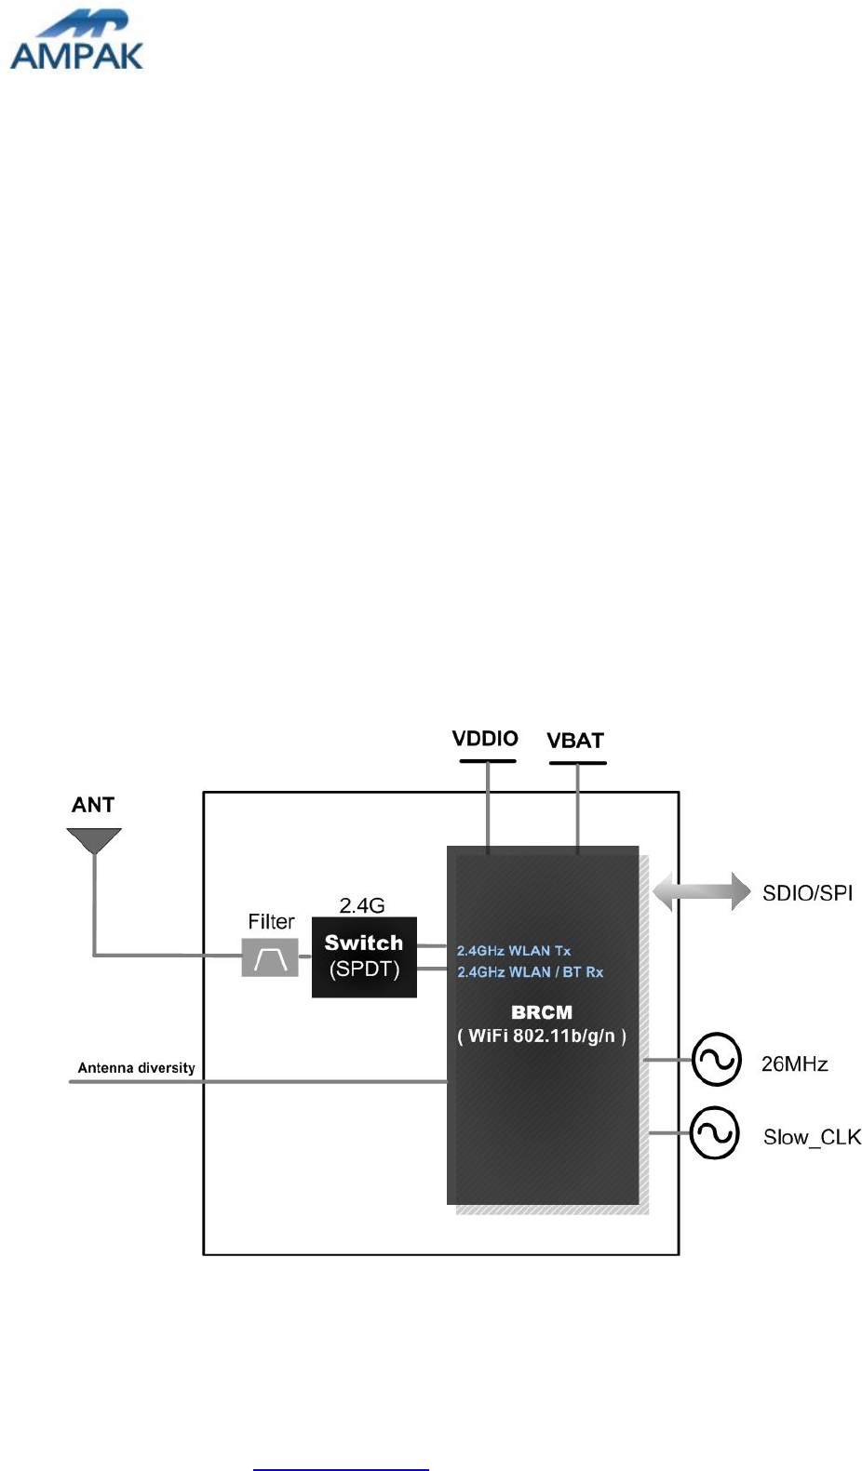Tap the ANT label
[93, 805]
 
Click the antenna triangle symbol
[94, 840]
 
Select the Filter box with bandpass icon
[270, 957]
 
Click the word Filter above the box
[271, 921]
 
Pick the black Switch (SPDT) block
[364, 956]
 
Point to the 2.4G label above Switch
[362, 905]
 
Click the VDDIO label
[485, 739]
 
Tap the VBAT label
[575, 741]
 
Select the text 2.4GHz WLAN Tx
[514, 950]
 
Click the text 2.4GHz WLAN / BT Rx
[530, 972]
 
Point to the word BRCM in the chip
[542, 1012]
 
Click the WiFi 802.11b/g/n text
[542, 1036]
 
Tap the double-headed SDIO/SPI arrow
[701, 891]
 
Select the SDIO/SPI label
[807, 893]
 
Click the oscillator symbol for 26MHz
[717, 1060]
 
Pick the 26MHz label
[794, 1063]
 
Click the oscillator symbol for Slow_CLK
[715, 1133]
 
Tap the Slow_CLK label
[812, 1137]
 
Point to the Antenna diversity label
[136, 1067]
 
